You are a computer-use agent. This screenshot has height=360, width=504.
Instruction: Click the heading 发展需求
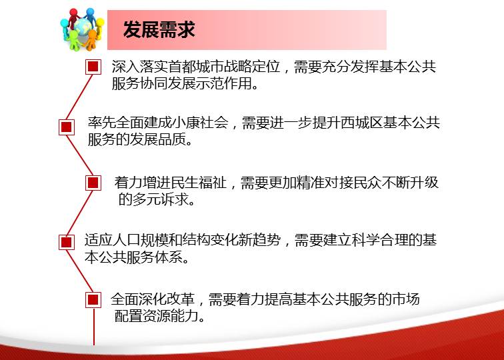click(x=159, y=29)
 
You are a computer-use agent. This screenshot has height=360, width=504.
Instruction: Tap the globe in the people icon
click(x=83, y=27)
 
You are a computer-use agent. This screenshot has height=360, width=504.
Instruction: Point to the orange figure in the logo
click(x=91, y=39)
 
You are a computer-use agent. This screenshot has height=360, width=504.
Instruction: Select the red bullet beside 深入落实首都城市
click(x=93, y=67)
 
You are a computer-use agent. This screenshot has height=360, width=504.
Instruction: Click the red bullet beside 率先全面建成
click(x=67, y=127)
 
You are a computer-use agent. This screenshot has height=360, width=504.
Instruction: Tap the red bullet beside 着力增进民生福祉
click(x=93, y=183)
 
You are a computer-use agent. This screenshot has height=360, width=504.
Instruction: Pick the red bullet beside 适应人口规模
click(x=67, y=242)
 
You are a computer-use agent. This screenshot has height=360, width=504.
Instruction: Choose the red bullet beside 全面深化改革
click(x=93, y=300)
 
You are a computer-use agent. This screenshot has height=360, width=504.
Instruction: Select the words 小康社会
click(x=200, y=123)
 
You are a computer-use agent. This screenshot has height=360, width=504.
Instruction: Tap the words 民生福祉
click(x=199, y=182)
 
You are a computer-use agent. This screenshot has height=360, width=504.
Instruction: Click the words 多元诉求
click(x=161, y=199)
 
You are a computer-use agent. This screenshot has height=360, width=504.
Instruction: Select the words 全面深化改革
click(x=153, y=299)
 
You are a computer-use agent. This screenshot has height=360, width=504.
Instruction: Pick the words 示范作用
click(x=224, y=83)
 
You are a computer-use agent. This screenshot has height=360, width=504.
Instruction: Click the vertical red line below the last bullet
click(x=94, y=326)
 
